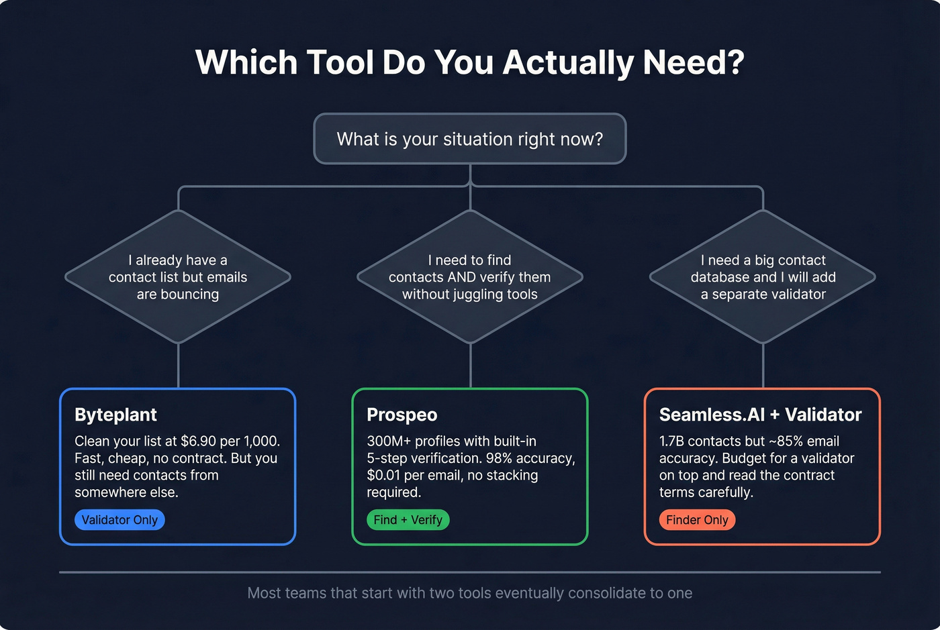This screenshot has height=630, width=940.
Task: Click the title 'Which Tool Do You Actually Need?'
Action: coord(470,62)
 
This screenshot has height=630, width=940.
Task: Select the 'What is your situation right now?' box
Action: coord(470,139)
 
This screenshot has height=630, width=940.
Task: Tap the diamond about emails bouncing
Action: coord(178,277)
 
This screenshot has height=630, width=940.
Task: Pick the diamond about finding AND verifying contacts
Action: coord(470,277)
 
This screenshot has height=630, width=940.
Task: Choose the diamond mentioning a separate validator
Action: coord(763,277)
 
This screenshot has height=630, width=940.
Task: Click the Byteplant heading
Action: coord(115,415)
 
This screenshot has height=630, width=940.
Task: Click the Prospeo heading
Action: coord(402,415)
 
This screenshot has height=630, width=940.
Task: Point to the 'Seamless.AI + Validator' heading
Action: coord(760,415)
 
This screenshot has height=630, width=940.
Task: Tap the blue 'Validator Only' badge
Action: coord(120,520)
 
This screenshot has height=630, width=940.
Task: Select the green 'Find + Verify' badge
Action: coord(408,520)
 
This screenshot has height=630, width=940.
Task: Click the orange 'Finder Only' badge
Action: coord(697,520)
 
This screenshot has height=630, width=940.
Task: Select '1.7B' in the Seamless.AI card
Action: coord(671,441)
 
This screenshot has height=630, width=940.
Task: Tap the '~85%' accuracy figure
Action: coord(785,441)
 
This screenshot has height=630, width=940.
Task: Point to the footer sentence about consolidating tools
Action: coord(470,593)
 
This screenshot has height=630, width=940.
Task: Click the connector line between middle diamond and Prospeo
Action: coord(471,366)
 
